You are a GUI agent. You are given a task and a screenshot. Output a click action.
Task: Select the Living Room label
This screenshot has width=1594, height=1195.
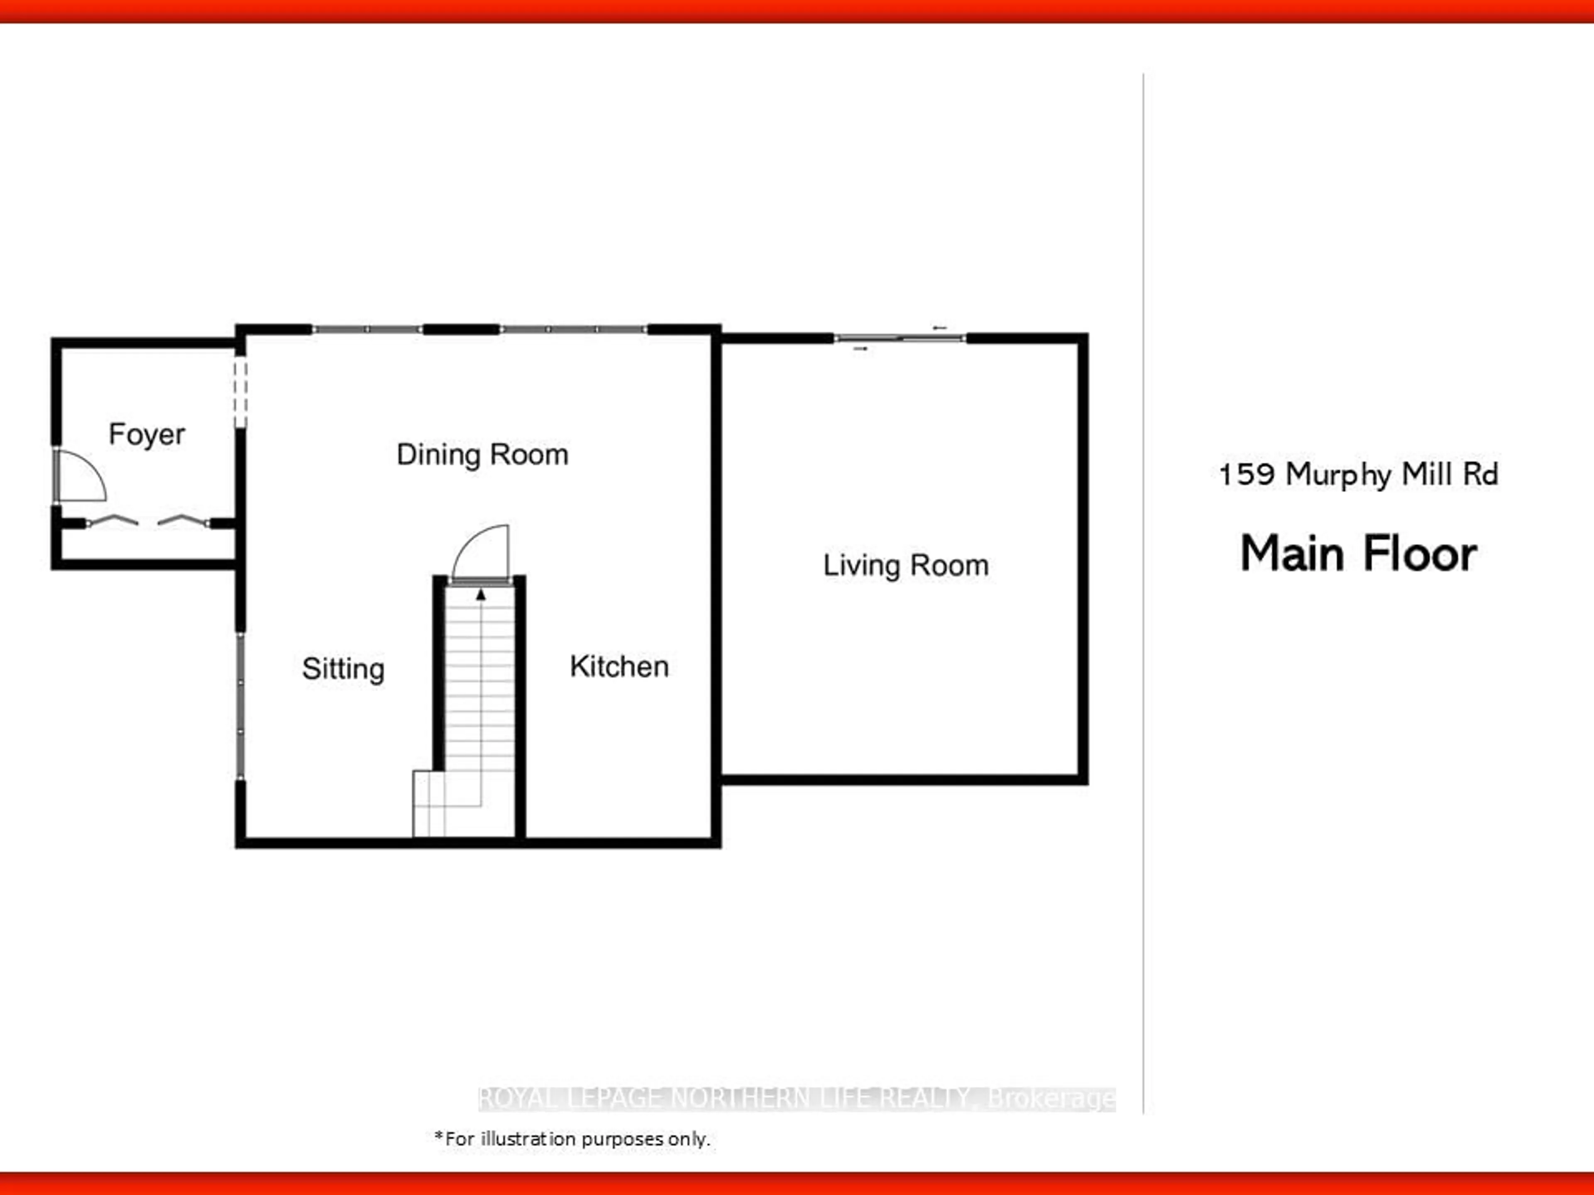(x=906, y=566)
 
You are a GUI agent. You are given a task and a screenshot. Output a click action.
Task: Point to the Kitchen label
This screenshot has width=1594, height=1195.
(x=619, y=666)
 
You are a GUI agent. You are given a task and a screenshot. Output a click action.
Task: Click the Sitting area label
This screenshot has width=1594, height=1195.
(x=343, y=670)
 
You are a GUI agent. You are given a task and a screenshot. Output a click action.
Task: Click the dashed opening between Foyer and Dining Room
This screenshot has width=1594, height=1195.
(x=241, y=394)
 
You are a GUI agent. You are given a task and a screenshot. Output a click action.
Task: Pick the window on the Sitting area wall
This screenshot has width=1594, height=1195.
(x=241, y=706)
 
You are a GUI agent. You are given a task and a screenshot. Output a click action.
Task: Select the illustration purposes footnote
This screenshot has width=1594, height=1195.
(x=572, y=1139)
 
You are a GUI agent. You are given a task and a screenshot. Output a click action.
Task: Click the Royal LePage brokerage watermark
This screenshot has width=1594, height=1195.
(x=797, y=1098)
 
